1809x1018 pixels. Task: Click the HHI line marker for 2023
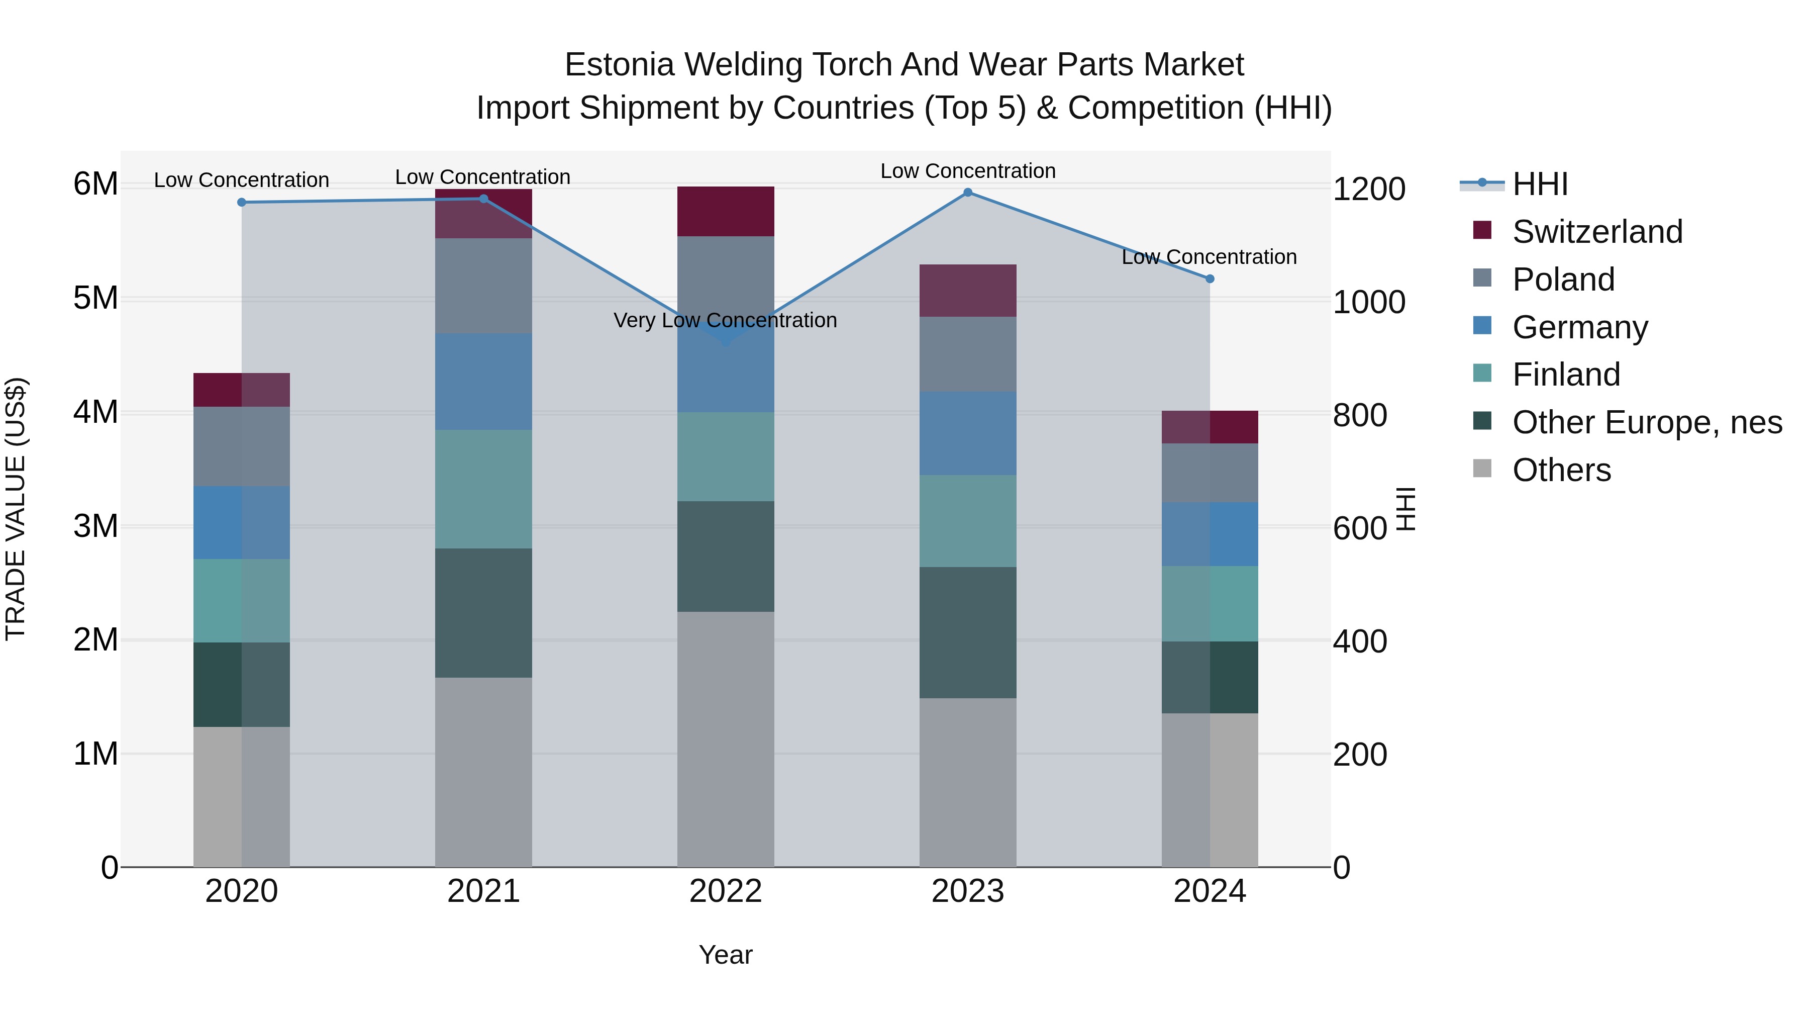pyautogui.click(x=968, y=193)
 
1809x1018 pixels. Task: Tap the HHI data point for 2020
pyautogui.click(x=242, y=202)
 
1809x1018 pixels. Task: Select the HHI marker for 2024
pyautogui.click(x=1210, y=279)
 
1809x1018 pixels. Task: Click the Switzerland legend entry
pyautogui.click(x=1597, y=232)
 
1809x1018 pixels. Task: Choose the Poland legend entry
pyautogui.click(x=1563, y=280)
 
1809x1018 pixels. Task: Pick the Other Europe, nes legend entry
pyautogui.click(x=1647, y=423)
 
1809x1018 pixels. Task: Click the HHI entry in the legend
pyautogui.click(x=1540, y=184)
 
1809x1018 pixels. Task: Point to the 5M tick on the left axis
pyautogui.click(x=95, y=299)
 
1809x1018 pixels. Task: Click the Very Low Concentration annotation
pyautogui.click(x=726, y=320)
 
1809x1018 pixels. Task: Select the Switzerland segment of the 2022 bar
pyautogui.click(x=726, y=212)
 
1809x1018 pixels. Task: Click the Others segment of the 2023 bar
pyautogui.click(x=968, y=782)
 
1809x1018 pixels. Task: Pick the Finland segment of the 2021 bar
pyautogui.click(x=483, y=489)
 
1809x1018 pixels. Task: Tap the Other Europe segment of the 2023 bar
pyautogui.click(x=968, y=632)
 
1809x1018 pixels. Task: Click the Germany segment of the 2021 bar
pyautogui.click(x=483, y=382)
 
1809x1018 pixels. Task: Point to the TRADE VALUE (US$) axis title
pyautogui.click(x=16, y=509)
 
